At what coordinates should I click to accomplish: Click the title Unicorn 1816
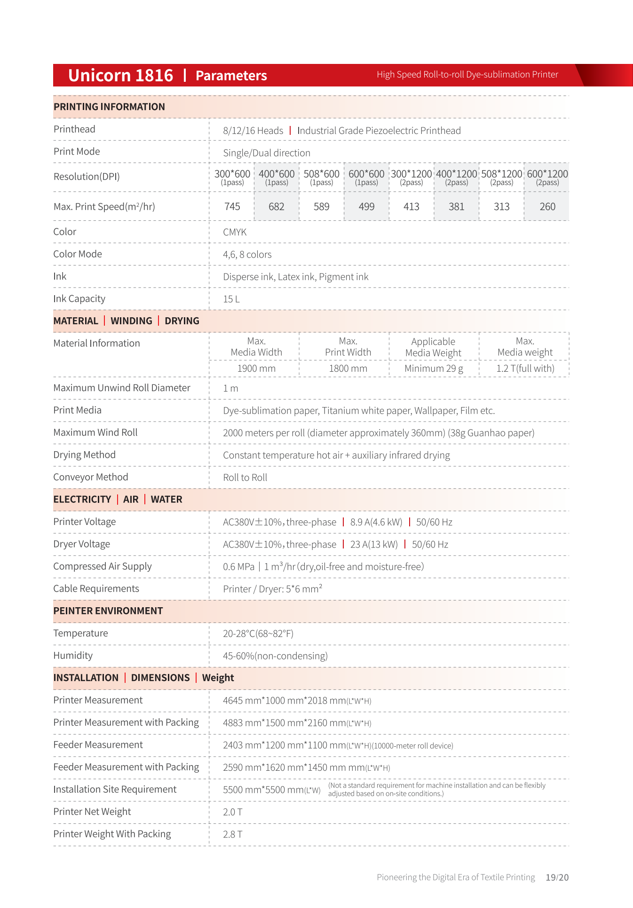120,75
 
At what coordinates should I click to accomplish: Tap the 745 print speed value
232,207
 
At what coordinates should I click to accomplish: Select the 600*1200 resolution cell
547,177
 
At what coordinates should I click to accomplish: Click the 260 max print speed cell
547,207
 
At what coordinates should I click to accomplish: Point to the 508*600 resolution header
321,177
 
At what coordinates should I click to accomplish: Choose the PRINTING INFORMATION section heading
109,107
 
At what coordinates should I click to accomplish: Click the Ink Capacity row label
79,299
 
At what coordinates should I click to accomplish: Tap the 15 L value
231,299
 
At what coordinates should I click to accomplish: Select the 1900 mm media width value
256,368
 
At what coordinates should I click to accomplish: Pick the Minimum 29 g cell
434,368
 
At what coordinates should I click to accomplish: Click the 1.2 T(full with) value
525,368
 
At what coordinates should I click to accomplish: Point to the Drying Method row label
84,455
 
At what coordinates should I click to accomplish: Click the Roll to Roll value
245,477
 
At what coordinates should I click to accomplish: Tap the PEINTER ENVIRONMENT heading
108,611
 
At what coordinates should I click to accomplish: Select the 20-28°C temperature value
258,634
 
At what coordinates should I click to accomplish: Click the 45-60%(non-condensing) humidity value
275,656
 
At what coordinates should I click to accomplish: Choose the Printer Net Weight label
92,812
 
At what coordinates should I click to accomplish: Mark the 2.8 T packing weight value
233,834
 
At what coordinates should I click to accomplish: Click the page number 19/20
557,877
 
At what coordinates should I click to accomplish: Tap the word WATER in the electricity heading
166,500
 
